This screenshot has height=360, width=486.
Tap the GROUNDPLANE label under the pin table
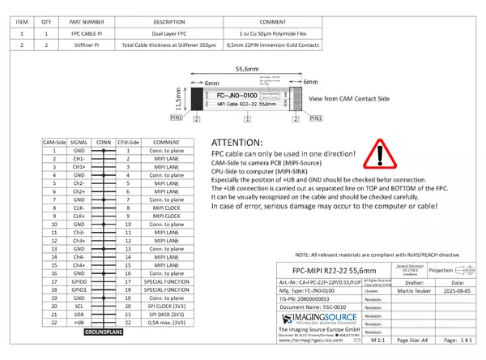[104, 333]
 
